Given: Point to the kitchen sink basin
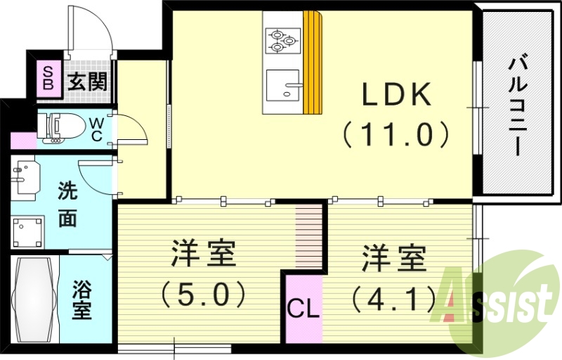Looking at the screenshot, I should point(283,85).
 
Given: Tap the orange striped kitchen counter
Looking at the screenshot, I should point(313,63).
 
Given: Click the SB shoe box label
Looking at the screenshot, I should point(48,78).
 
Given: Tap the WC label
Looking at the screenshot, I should point(98,128).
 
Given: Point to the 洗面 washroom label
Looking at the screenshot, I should point(67,204).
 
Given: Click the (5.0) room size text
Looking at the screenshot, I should point(202,294).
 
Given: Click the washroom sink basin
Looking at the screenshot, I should point(24,176).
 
